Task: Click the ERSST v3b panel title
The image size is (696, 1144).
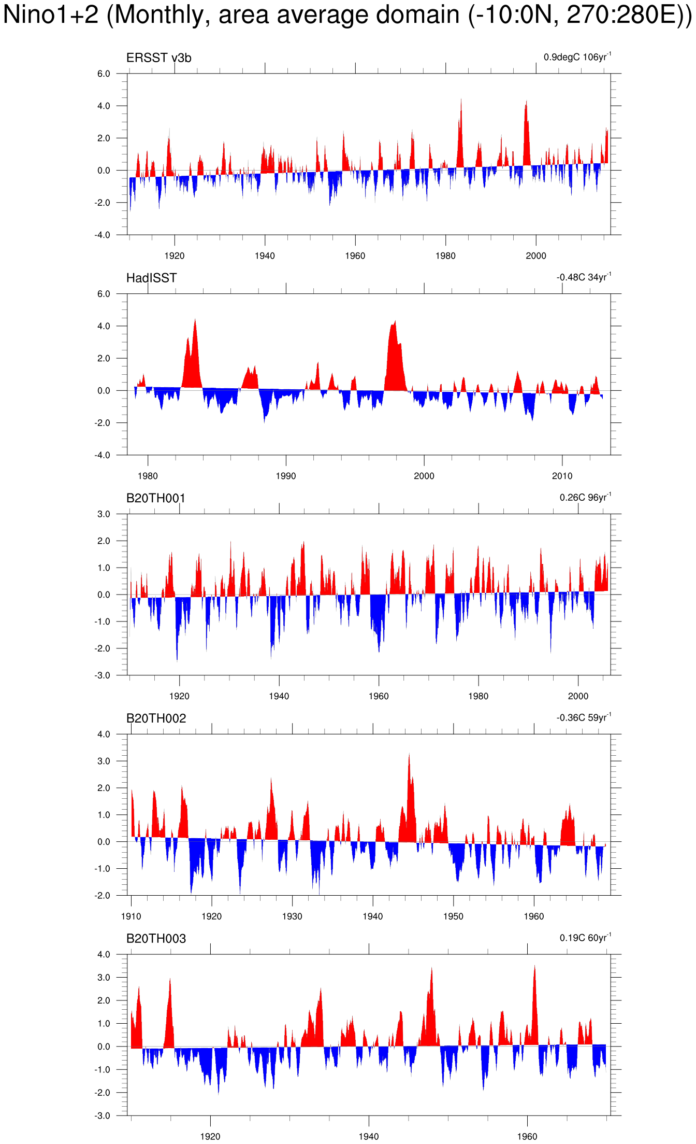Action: [x=158, y=58]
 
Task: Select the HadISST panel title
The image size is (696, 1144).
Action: [x=151, y=278]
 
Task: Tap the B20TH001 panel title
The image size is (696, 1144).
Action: [x=156, y=498]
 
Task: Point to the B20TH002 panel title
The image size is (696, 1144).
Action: [x=156, y=718]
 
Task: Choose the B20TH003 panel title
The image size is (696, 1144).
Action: [x=156, y=939]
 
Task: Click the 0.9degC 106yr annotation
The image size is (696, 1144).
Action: [x=577, y=57]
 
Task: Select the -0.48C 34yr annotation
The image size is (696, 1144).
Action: [x=584, y=277]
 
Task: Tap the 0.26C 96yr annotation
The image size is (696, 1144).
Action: [x=585, y=498]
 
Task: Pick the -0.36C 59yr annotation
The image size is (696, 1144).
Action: [x=584, y=718]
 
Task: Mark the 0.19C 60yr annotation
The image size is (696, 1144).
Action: [x=585, y=938]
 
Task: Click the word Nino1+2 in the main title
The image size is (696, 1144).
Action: [x=51, y=15]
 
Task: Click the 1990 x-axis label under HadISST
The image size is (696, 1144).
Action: [x=286, y=476]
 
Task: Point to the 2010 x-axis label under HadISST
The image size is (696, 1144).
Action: [x=562, y=476]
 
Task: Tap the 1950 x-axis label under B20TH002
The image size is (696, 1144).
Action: [x=453, y=916]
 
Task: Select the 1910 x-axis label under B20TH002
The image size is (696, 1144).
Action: [x=131, y=916]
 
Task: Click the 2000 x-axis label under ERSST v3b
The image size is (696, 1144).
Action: [x=536, y=256]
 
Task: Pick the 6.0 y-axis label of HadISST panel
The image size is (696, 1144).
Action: [x=104, y=294]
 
